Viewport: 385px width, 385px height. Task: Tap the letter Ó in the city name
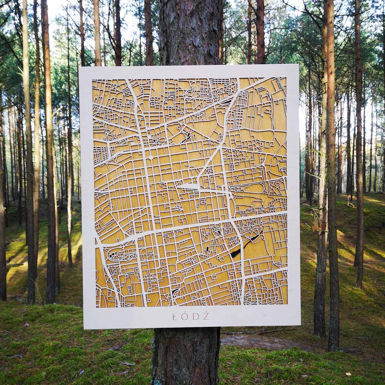185,316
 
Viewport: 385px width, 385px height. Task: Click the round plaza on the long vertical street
151,157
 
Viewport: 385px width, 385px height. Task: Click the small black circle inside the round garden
155,141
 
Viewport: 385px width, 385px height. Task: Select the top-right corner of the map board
298,64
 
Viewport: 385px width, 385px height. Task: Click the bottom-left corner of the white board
84,329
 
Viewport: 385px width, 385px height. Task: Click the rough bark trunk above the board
189,32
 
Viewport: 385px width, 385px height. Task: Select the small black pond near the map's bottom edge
175,291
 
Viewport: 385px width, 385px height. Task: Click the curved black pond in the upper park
186,138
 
